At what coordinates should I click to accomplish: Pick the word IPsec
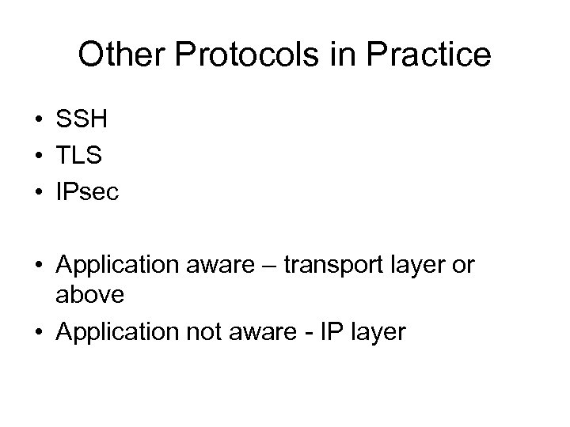[x=87, y=192]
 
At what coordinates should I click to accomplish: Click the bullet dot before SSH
[x=38, y=121]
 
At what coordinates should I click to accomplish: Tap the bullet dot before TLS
[x=38, y=157]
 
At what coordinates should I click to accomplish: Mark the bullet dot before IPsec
[x=38, y=193]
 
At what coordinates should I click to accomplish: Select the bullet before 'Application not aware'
[x=38, y=333]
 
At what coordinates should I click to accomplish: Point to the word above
[x=90, y=294]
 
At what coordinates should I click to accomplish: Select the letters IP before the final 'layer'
[x=327, y=332]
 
